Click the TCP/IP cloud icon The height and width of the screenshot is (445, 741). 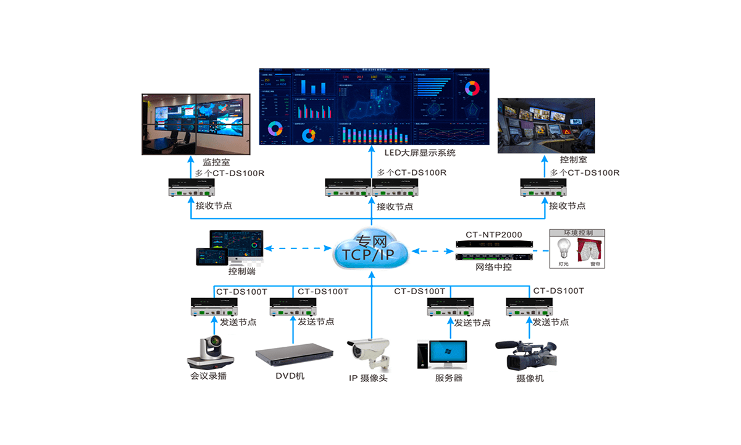371,250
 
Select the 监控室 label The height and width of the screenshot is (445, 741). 216,162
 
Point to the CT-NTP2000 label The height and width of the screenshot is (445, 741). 494,235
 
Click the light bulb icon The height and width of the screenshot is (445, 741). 563,250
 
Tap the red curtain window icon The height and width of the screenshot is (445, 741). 590,250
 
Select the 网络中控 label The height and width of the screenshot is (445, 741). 493,268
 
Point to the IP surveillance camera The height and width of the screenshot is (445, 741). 369,353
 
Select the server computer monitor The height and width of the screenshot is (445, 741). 448,353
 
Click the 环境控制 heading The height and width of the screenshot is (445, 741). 577,234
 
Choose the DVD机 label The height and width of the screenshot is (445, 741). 290,376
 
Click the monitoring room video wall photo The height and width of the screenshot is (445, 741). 196,124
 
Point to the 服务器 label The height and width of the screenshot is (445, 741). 449,378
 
